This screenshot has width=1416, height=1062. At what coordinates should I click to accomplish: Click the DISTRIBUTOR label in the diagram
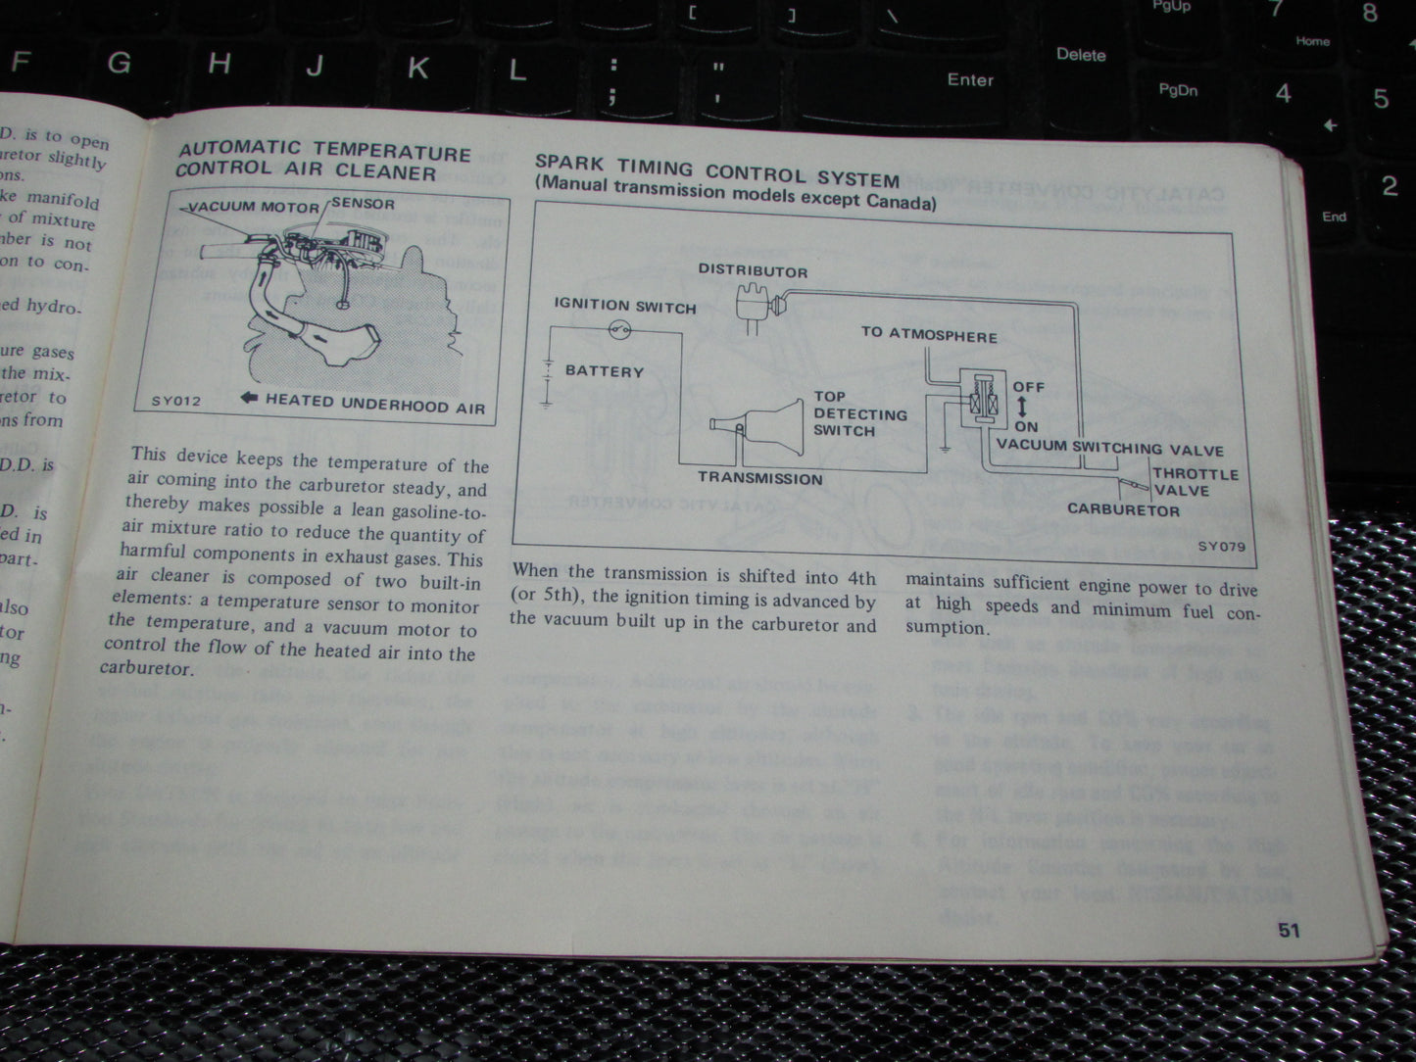click(753, 271)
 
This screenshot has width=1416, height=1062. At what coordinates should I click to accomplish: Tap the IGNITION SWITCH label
click(624, 306)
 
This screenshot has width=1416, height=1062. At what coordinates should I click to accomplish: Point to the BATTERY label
click(604, 371)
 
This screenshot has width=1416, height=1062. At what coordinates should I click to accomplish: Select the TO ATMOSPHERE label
click(929, 334)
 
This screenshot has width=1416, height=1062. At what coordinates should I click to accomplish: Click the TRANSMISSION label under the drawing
click(759, 478)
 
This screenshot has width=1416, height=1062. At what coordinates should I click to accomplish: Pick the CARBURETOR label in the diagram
click(1123, 509)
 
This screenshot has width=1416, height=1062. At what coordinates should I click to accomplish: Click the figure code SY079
click(1221, 547)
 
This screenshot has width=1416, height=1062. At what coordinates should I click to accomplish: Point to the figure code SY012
click(175, 401)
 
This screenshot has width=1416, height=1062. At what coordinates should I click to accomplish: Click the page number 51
click(1289, 930)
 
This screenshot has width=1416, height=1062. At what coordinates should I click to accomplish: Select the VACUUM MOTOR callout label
click(253, 207)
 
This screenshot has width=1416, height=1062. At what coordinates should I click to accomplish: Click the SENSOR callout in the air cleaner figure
click(363, 204)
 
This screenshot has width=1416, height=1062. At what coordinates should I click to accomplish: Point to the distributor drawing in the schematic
click(756, 306)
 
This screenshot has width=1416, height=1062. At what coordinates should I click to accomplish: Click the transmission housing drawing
click(755, 422)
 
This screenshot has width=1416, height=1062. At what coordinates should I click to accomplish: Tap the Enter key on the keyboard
click(969, 80)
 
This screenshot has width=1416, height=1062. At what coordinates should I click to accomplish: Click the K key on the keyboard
click(417, 68)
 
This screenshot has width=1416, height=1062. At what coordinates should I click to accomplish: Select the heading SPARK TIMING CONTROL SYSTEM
click(715, 171)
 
